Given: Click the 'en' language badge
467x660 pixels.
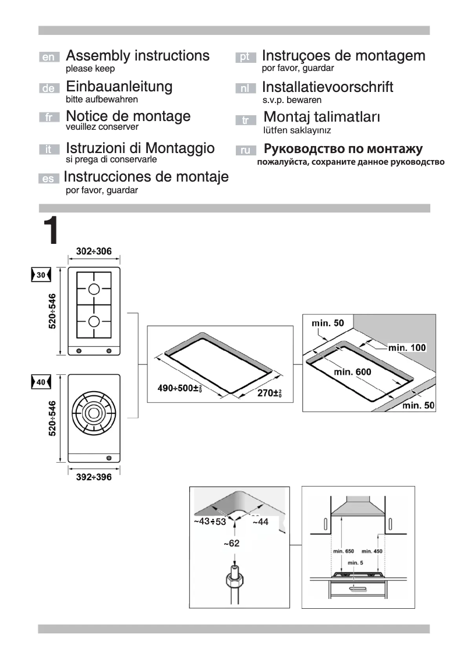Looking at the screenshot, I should (49, 58).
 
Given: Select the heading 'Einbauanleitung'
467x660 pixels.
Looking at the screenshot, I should (119, 87).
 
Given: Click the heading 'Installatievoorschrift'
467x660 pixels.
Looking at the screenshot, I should (327, 87).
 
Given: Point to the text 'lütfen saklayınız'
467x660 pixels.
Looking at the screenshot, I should (297, 130).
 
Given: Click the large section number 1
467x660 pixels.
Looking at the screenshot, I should (51, 231).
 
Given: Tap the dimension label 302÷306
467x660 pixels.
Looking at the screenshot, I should (94, 251).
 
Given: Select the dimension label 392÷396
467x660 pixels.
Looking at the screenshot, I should (94, 477).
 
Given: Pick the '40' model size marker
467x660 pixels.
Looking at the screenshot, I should (40, 382).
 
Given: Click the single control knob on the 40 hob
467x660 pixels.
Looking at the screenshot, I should (109, 457).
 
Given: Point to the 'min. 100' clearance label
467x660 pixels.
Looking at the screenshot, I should (406, 348).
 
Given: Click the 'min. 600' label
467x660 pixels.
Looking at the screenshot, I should (352, 371).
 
